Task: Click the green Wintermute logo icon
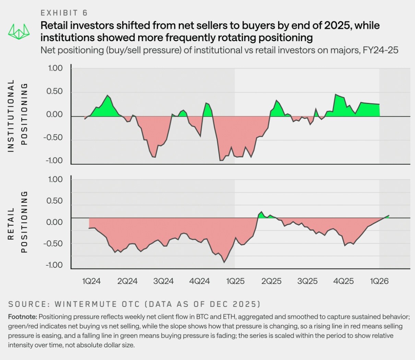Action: click(x=19, y=31)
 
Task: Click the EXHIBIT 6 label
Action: click(x=64, y=13)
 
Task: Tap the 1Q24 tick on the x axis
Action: click(x=91, y=281)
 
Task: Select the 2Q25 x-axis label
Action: click(x=271, y=281)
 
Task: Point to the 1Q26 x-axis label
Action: click(x=379, y=281)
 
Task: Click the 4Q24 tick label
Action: click(x=199, y=281)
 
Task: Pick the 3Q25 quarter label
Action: click(x=307, y=281)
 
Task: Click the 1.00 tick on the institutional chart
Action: click(x=55, y=68)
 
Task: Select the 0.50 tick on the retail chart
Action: click(x=55, y=201)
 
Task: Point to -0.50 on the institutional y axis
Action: click(x=53, y=138)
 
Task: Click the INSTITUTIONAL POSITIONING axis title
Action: click(x=17, y=116)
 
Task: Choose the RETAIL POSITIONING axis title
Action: click(x=17, y=222)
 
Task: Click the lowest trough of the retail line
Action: click(x=224, y=262)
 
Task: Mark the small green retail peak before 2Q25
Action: click(x=262, y=212)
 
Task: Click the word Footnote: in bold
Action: click(x=23, y=316)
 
